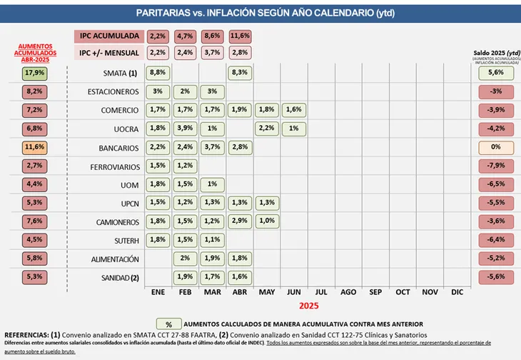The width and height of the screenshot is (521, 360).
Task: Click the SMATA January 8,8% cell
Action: [158, 73]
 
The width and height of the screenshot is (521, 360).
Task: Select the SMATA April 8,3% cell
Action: [240, 73]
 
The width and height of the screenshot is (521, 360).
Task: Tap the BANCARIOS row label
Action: [114, 147]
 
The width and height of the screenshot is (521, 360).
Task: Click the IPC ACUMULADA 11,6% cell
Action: [240, 36]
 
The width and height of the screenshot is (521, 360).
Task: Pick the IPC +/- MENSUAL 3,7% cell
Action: [213, 53]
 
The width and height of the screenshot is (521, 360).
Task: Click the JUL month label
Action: [321, 292]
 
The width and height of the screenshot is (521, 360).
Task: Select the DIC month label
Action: [457, 292]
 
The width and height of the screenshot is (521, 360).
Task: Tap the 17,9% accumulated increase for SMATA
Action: [34, 73]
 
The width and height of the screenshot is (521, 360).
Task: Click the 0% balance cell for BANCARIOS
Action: [495, 147]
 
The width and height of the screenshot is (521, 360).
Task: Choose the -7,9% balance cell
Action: [495, 166]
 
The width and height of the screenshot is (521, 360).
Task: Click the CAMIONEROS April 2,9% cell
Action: [240, 221]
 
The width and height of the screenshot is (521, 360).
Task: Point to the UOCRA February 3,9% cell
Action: [186, 129]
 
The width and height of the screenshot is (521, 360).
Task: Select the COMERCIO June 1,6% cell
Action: [293, 110]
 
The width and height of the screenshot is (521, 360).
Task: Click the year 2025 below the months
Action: [308, 306]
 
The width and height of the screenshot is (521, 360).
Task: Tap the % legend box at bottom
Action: [168, 324]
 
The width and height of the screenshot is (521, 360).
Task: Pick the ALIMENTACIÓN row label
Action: [111, 259]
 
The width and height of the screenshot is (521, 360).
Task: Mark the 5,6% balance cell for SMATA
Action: [495, 73]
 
